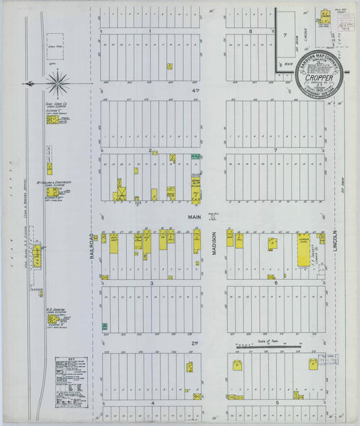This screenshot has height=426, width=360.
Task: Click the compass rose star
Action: coord(58,83)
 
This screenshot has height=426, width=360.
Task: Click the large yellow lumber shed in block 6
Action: coord(303,252)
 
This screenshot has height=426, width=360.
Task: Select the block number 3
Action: coord(152,283)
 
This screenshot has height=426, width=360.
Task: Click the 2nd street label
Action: coord(195,343)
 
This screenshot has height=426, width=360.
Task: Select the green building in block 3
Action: coord(105,327)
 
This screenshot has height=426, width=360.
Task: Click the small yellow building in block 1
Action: coord(169,66)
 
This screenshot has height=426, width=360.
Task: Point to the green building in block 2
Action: coord(195,156)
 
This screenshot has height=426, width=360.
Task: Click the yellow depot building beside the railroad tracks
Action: coord(36,256)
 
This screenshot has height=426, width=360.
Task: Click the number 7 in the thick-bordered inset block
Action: coord(285,34)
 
